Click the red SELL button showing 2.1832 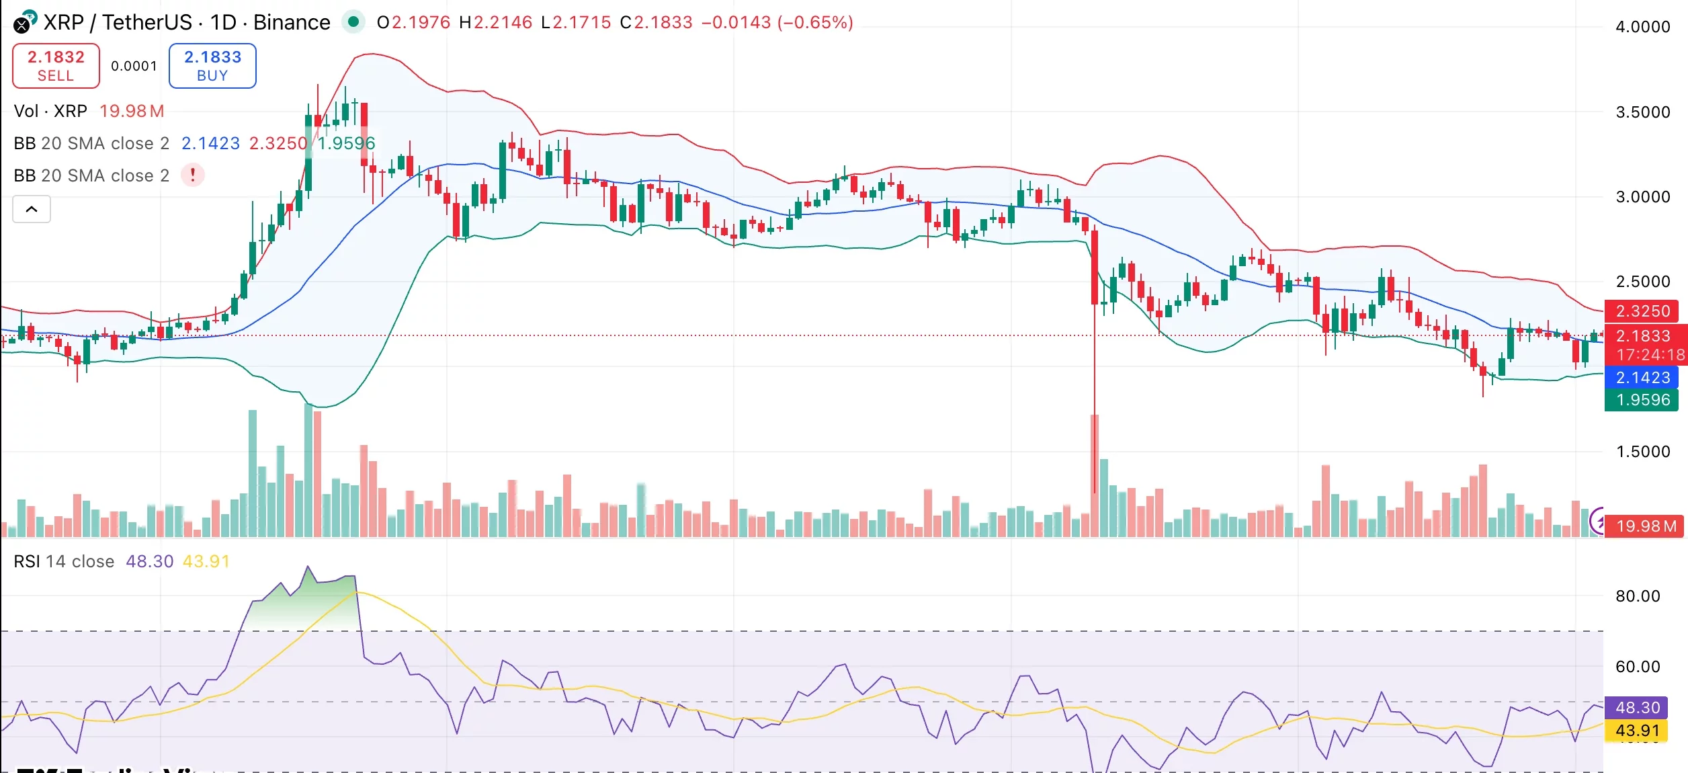click(56, 66)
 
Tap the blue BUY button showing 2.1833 click(212, 66)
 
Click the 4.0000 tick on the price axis click(1642, 27)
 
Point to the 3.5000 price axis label click(1642, 112)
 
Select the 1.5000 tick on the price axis click(1642, 452)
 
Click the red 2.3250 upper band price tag click(1642, 311)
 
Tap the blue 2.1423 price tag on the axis click(1642, 378)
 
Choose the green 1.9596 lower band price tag click(1642, 400)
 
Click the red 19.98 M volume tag click(1645, 526)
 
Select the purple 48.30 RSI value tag click(1637, 708)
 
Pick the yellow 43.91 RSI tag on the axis click(1637, 731)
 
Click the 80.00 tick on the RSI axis click(1637, 596)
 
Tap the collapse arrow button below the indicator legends click(32, 209)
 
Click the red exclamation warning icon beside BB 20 click(193, 175)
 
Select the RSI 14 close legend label click(64, 561)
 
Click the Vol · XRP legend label click(50, 111)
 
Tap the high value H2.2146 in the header click(496, 22)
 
